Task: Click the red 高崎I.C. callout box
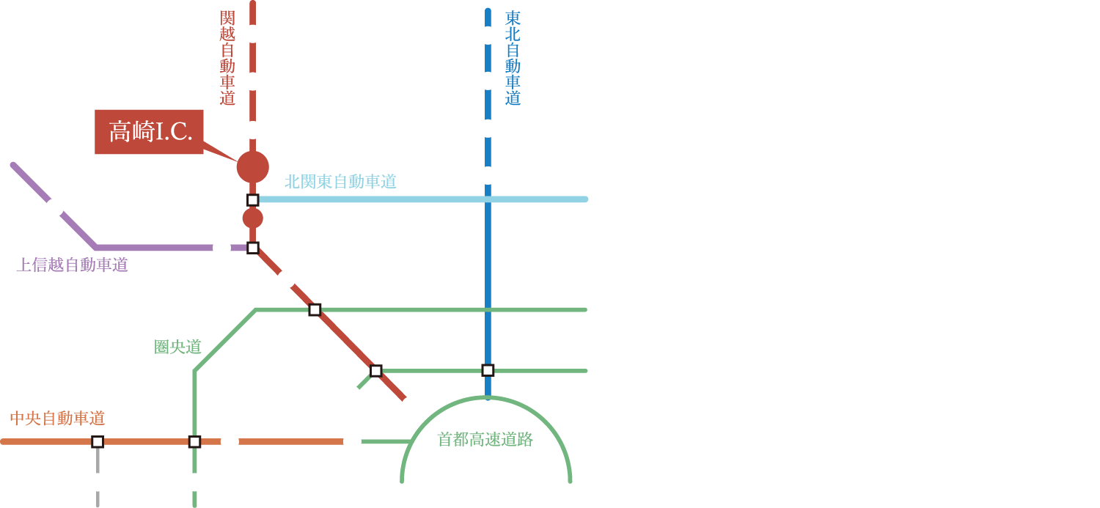[149, 132]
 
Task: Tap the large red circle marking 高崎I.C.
[252, 167]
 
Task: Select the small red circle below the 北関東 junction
[252, 218]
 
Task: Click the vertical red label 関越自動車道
[227, 58]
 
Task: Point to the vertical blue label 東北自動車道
[513, 58]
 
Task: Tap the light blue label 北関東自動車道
[340, 182]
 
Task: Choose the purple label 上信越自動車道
[72, 265]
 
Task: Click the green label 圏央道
[177, 347]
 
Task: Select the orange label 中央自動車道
[57, 419]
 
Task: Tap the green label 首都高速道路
[485, 440]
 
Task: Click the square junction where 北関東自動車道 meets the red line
[252, 199]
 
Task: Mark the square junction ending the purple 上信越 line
[252, 248]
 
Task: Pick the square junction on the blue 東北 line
[488, 370]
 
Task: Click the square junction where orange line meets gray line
[98, 441]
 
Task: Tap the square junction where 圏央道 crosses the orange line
[194, 441]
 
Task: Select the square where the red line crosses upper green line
[315, 309]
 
